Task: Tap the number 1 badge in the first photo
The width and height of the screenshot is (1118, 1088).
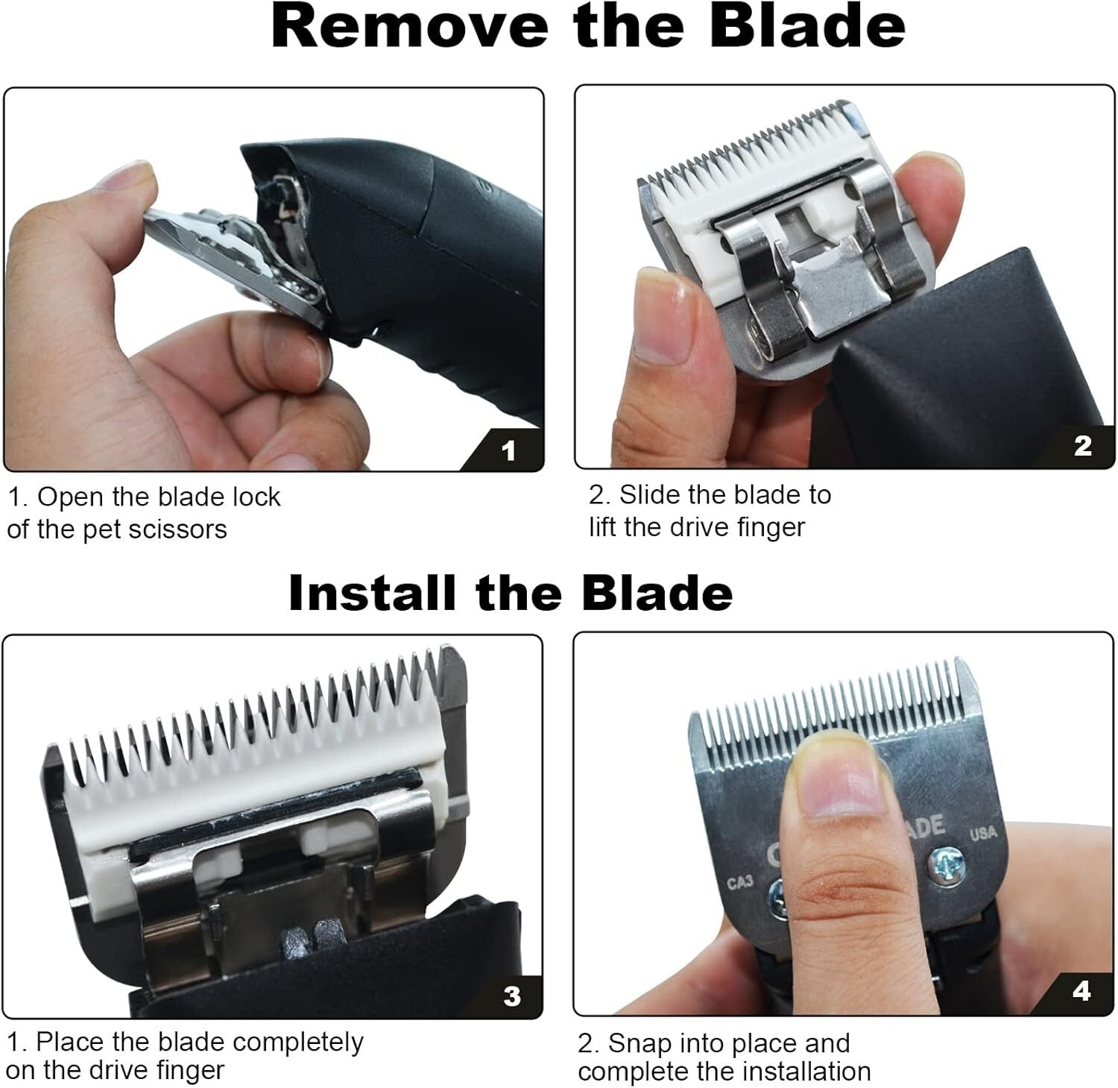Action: pos(508,450)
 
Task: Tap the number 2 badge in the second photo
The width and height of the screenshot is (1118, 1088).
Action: pos(1083,446)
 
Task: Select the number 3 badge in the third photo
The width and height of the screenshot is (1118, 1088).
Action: pos(512,996)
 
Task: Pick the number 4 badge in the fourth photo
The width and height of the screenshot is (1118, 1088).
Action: pos(1081,992)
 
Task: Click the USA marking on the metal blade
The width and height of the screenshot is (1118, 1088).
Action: pos(982,833)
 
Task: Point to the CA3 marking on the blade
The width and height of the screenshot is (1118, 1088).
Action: pos(740,883)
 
